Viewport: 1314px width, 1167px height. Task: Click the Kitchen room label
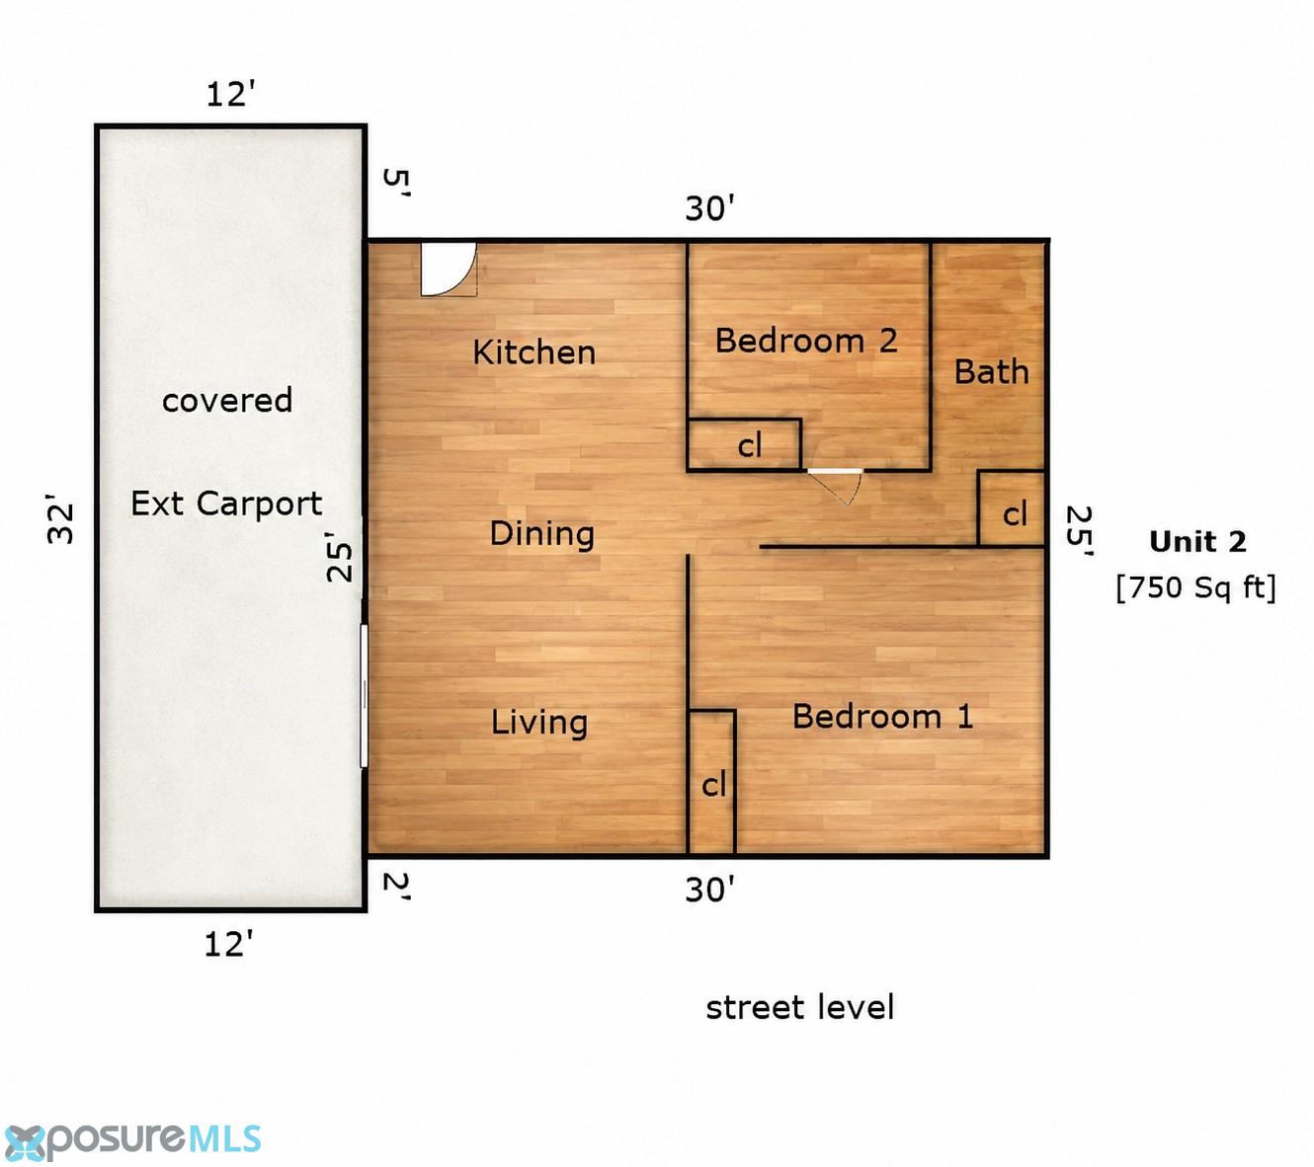(x=534, y=352)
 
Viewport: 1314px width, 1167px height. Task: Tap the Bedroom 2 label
(x=806, y=341)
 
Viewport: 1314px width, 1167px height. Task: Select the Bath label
(x=992, y=372)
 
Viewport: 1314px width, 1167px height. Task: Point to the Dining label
(x=541, y=533)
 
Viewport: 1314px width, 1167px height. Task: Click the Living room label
(x=539, y=723)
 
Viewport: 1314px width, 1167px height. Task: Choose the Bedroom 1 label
(x=882, y=717)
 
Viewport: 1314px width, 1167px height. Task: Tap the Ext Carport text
(x=226, y=504)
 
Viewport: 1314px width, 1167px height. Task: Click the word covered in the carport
(x=227, y=400)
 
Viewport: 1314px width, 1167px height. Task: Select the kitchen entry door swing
(x=449, y=270)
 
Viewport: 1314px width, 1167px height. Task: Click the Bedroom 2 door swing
(x=836, y=485)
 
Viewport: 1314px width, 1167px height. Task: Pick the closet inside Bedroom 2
(x=745, y=444)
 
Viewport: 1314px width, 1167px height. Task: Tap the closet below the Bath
(x=1011, y=508)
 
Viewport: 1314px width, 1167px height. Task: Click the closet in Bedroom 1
(x=711, y=782)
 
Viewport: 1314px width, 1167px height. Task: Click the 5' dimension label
(x=395, y=184)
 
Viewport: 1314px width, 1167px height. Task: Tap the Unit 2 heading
(x=1197, y=541)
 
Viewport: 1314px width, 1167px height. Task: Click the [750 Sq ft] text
(x=1196, y=588)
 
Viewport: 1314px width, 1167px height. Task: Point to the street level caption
(x=799, y=1007)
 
